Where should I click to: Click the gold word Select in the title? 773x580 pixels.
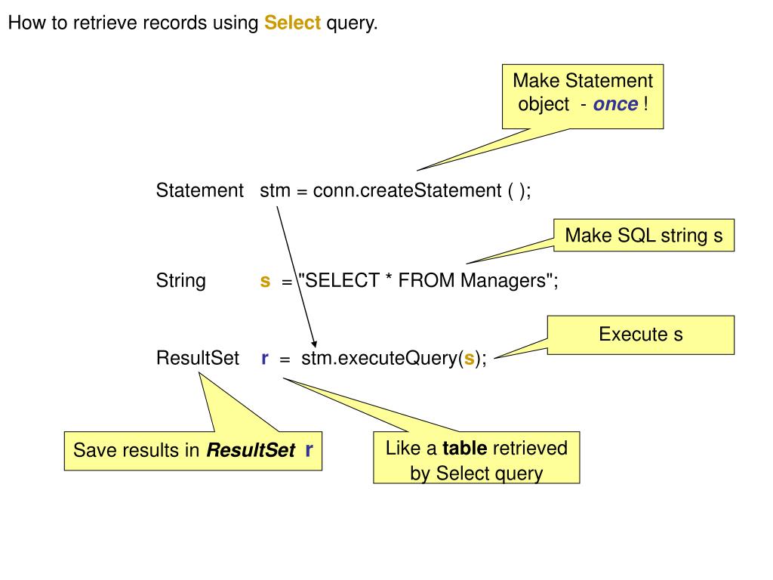click(292, 23)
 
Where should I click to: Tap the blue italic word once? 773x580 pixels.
click(615, 104)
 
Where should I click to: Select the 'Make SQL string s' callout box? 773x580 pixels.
click(644, 236)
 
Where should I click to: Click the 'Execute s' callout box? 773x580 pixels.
click(641, 335)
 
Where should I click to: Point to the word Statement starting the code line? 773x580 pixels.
click(199, 190)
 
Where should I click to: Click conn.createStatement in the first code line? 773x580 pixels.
click(407, 190)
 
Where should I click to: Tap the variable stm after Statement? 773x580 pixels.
click(275, 191)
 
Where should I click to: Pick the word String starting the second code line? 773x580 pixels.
click(181, 281)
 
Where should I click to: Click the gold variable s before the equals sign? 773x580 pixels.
click(265, 281)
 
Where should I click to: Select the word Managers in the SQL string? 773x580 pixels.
click(504, 281)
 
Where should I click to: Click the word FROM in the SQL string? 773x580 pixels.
click(427, 280)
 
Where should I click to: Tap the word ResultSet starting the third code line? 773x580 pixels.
click(198, 358)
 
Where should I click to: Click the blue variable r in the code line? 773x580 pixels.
click(265, 359)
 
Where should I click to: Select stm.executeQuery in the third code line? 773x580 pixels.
click(379, 359)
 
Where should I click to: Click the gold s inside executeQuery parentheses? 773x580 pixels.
click(469, 359)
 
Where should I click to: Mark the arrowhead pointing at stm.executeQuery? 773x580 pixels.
click(314, 344)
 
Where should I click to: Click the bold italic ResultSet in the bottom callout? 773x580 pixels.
click(251, 450)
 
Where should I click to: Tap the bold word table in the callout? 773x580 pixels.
click(465, 449)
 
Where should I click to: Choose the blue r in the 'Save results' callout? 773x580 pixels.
click(309, 450)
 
